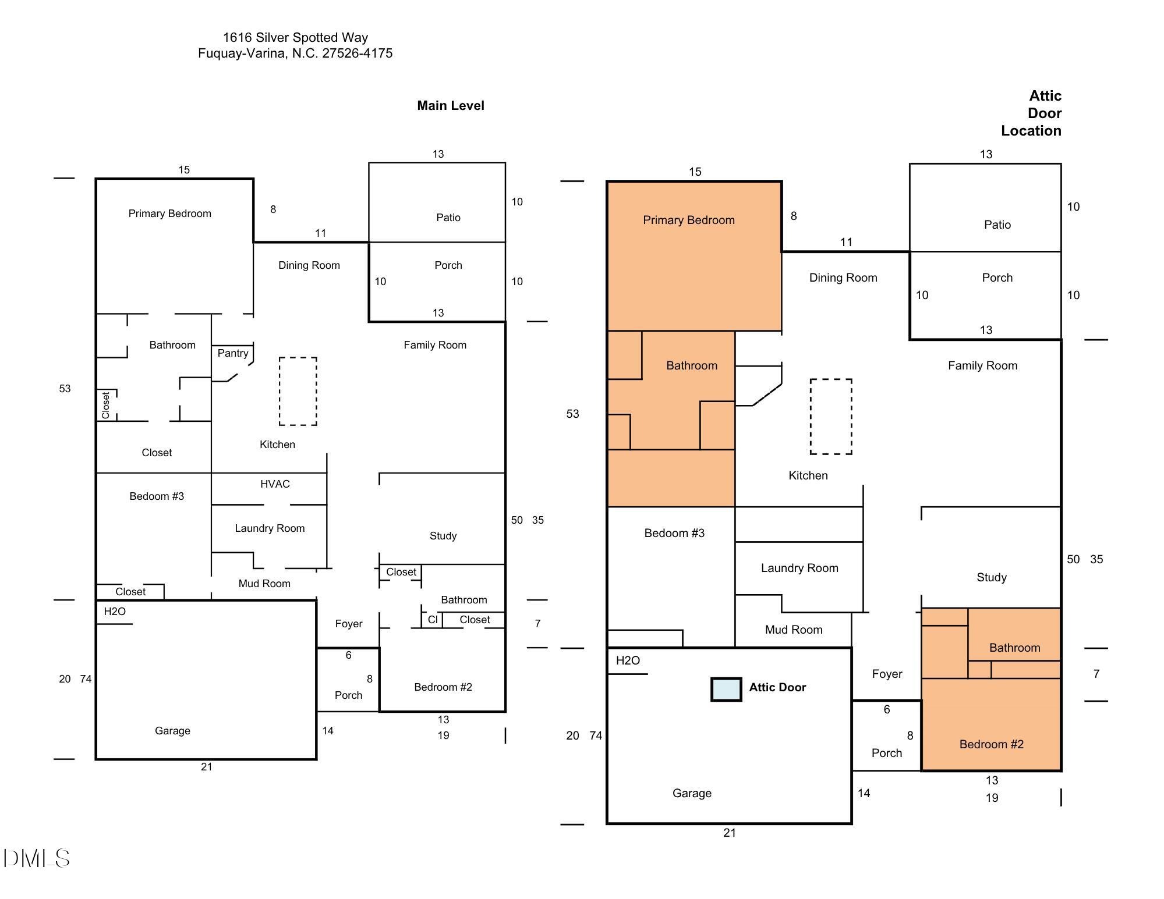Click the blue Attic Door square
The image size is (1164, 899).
[726, 689]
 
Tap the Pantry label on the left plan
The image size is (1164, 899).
[233, 353]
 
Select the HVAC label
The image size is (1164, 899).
[275, 484]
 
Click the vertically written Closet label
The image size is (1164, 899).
[105, 406]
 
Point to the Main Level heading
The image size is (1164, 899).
[451, 105]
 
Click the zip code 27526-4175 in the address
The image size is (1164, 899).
[358, 54]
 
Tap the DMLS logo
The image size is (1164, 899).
[37, 858]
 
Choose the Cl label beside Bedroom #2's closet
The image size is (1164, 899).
[432, 620]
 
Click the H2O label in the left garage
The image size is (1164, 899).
[115, 612]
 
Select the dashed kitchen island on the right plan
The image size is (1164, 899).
[831, 417]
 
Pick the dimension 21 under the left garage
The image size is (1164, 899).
[207, 767]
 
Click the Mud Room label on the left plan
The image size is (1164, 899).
[264, 584]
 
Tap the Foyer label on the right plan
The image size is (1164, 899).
[887, 674]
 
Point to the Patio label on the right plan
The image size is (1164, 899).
[997, 225]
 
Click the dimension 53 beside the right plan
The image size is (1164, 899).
[573, 414]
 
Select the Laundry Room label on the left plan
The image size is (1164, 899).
[270, 528]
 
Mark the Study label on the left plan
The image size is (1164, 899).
[443, 536]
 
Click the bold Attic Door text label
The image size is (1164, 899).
[777, 687]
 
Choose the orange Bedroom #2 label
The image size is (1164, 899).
[992, 744]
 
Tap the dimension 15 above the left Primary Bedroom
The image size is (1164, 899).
[184, 170]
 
